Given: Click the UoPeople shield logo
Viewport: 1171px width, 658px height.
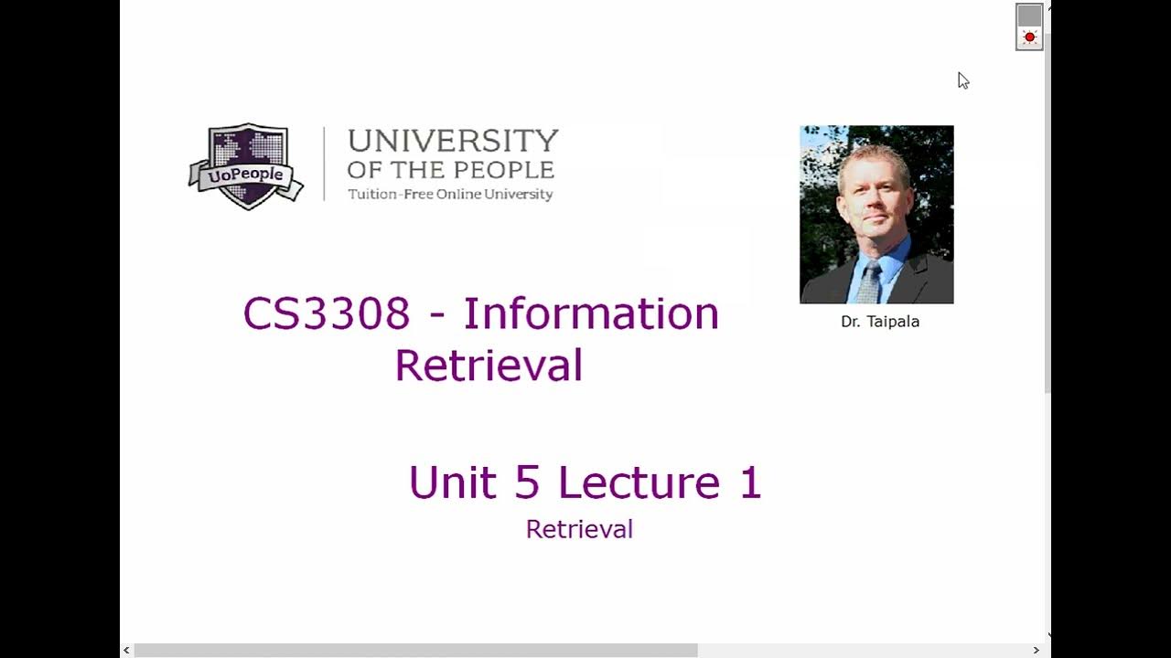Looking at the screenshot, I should pos(246,167).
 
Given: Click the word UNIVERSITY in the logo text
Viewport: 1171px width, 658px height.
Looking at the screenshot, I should pos(453,141).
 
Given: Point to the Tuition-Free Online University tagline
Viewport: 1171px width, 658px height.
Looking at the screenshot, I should pos(450,194).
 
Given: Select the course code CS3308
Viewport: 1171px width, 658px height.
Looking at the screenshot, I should pos(327,314).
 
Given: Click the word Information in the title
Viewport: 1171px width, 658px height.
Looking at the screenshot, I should pos(591,314).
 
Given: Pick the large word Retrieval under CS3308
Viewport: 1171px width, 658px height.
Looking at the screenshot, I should pos(489,366).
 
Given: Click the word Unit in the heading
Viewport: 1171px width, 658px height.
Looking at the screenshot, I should pos(453,483).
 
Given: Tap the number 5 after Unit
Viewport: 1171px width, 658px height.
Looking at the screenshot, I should pos(527,483).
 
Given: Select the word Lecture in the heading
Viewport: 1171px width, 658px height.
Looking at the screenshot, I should pos(639,483).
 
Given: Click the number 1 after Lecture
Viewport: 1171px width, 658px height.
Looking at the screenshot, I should pos(750,483).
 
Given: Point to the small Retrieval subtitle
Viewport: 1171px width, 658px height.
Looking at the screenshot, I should pos(579,529).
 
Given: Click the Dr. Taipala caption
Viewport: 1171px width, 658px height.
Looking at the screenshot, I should pos(880,322).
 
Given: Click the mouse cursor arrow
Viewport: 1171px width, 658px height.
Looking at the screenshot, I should pos(962,80).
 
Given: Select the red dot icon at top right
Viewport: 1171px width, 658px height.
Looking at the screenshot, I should pos(1029,37).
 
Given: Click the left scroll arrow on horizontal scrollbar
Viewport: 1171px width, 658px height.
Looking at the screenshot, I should pos(126,651).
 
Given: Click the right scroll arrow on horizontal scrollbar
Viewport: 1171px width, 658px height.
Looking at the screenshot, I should pos(1036,651).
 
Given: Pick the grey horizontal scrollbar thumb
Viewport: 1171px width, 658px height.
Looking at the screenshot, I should pos(415,651).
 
